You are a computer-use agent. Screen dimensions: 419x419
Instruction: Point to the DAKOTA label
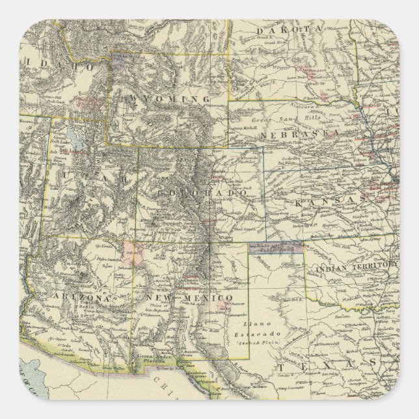287,31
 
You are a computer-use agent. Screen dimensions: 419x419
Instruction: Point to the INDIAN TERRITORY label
354,266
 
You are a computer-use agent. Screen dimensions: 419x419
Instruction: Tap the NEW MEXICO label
188,297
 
